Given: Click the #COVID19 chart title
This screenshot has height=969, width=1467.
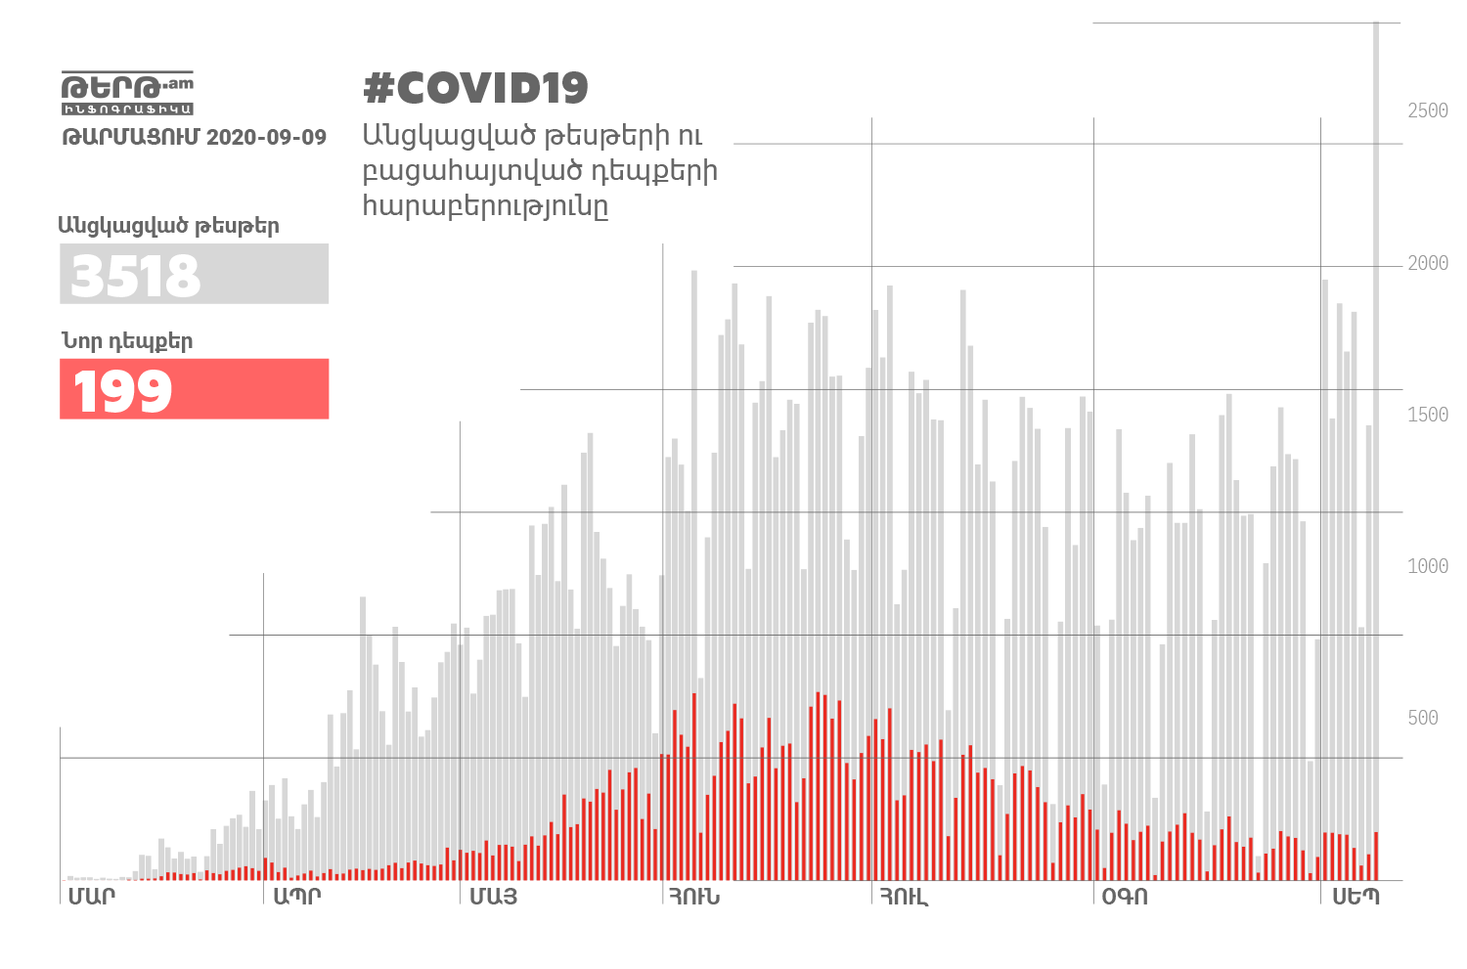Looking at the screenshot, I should tap(475, 88).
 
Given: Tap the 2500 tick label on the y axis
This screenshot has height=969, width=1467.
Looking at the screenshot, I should tap(1427, 110).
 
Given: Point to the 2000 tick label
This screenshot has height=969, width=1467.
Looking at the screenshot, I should tap(1427, 263).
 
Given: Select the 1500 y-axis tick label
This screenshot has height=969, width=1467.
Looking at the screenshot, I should tap(1427, 415).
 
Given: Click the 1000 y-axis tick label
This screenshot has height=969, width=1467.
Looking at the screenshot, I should tap(1427, 566).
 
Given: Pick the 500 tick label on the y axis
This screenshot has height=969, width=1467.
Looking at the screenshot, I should tap(1423, 718).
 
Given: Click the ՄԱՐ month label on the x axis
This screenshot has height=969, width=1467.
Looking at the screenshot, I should tap(91, 896).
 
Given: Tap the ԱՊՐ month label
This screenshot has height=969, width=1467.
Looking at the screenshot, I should tap(296, 896).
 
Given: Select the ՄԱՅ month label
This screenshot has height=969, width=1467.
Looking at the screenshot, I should tap(493, 896).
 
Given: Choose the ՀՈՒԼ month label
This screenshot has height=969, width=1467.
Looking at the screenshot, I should tap(903, 896).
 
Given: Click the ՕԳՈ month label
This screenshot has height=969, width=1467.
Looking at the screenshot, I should tap(1125, 896).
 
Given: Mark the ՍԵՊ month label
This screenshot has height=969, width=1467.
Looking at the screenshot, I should tap(1356, 896).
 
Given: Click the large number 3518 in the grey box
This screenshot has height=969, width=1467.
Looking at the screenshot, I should tap(136, 276).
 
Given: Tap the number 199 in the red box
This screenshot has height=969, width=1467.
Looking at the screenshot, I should tap(123, 391).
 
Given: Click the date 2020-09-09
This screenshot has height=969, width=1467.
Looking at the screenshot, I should tap(266, 137).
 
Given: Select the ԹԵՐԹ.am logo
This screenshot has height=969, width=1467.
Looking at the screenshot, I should tap(127, 93).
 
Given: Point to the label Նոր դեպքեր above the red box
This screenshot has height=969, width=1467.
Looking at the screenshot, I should tap(127, 341).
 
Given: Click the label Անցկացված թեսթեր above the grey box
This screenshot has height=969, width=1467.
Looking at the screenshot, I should tap(168, 226).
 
